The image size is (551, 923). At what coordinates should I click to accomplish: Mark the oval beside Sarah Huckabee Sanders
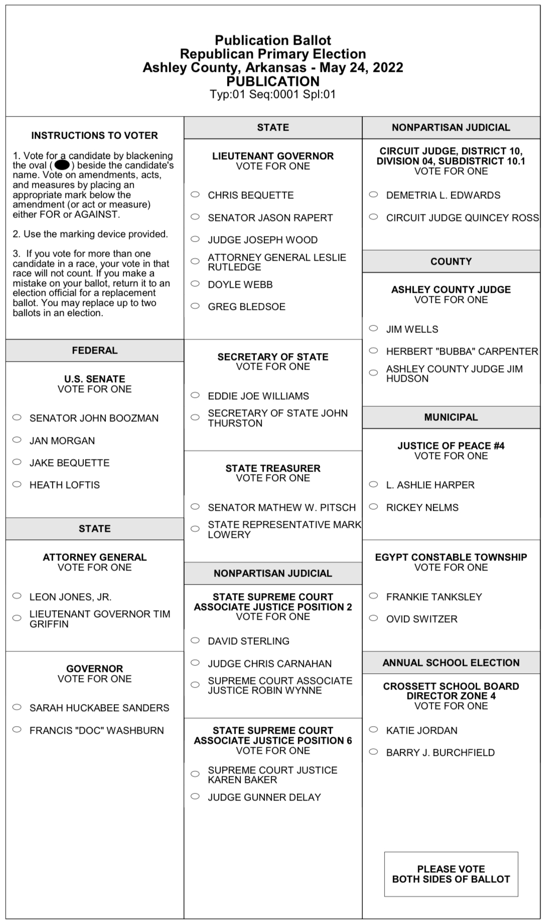[17, 707]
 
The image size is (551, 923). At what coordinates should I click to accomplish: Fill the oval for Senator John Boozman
[17, 417]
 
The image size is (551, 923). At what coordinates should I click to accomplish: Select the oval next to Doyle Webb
[195, 284]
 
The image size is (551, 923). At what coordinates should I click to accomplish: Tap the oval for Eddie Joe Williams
[195, 395]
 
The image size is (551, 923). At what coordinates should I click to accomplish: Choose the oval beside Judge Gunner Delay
[195, 796]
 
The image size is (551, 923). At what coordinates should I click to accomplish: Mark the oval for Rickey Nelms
[373, 507]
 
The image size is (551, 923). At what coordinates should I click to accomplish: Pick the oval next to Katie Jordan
[373, 730]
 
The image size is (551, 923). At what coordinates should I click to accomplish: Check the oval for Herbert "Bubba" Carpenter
[373, 351]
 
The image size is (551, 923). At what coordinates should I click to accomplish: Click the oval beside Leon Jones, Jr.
[17, 596]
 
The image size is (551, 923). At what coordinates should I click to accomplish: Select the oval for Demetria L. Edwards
[373, 194]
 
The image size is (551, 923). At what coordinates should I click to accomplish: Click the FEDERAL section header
[94, 351]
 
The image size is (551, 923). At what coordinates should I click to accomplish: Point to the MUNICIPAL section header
[451, 417]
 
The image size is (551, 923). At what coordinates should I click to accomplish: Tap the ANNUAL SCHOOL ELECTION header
[451, 662]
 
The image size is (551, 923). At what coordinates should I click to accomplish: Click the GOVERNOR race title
[94, 668]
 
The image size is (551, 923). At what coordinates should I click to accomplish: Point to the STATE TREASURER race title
[272, 468]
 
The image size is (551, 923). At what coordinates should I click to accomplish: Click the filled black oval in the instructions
[62, 165]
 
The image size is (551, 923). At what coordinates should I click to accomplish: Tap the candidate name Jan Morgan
[62, 440]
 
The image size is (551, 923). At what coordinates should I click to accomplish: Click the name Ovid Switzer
[422, 619]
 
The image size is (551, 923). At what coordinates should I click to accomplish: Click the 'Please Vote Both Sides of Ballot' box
[451, 874]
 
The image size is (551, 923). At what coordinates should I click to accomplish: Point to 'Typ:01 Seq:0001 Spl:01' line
[272, 94]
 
